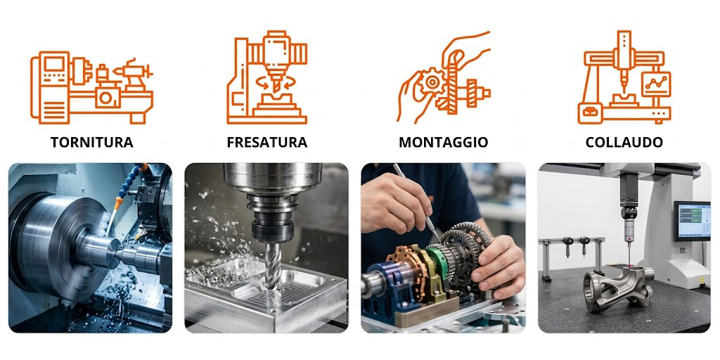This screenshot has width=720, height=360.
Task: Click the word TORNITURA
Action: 92,142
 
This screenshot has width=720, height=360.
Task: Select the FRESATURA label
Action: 266,142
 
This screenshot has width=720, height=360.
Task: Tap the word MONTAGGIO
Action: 443,142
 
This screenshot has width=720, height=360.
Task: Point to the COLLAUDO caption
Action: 624,142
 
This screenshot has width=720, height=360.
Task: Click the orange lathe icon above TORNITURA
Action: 92,87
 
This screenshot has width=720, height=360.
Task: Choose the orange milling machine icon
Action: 266,77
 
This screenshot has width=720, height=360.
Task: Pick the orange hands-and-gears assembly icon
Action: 444,77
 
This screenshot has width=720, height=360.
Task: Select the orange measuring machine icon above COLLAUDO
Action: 624,77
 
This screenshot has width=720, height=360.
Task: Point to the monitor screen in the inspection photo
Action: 692,220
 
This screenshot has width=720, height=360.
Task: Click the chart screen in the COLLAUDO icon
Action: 656,84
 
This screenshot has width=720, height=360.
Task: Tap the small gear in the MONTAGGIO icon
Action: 432,83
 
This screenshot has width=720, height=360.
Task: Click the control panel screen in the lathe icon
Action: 54,64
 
